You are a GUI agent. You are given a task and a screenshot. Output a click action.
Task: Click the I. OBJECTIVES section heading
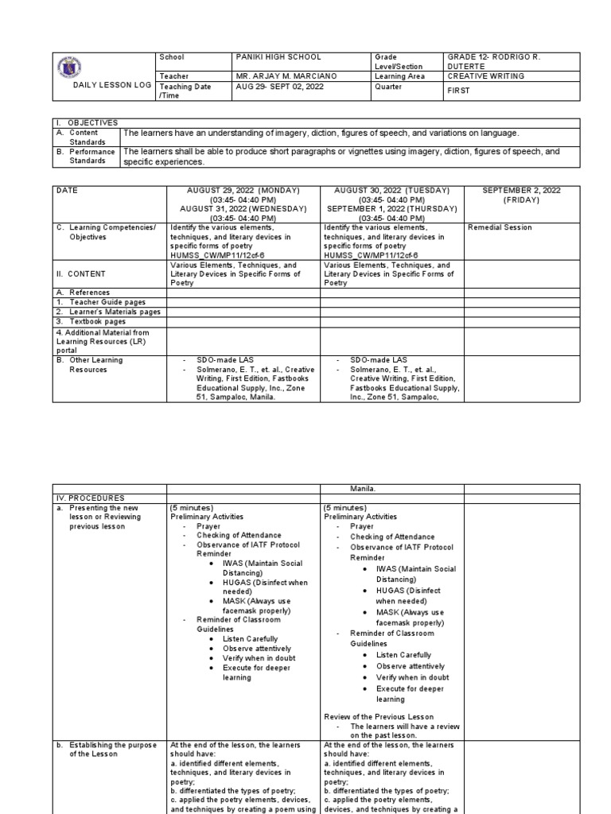coord(88,122)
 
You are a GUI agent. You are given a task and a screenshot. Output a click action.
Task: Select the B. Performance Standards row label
coord(86,155)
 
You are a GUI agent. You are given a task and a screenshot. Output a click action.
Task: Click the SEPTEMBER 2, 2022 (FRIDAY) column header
coord(515,196)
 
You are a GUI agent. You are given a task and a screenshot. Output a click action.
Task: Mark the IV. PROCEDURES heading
coord(87,498)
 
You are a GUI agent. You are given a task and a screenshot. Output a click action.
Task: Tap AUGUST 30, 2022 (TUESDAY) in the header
coord(391,191)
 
